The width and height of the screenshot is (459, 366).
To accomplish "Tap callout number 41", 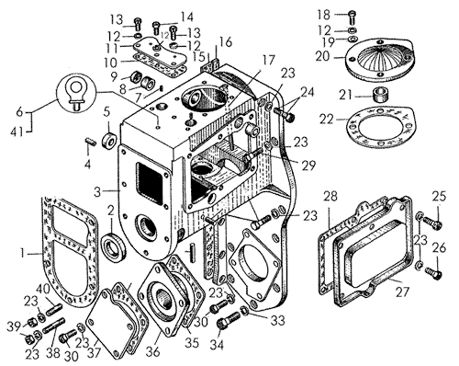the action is [16, 132].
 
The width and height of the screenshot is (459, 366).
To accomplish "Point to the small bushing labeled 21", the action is [380, 95].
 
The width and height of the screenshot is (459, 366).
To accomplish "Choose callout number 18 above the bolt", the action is [324, 15].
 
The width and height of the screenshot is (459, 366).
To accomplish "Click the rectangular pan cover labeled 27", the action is [375, 251].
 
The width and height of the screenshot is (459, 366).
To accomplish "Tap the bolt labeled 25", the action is [432, 223].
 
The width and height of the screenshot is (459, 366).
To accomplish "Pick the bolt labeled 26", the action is [432, 271].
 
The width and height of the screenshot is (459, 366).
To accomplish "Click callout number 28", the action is [330, 196].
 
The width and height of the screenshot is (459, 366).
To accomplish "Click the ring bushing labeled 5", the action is [109, 140].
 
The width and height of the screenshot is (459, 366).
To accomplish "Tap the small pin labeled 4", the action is [91, 142].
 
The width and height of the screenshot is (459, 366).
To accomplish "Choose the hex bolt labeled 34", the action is [228, 320].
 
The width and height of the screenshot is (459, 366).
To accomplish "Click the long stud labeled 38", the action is [54, 326].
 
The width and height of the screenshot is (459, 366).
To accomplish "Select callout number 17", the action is [269, 61].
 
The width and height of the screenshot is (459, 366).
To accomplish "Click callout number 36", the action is [153, 351].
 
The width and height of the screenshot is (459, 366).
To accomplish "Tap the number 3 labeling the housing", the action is [97, 191].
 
